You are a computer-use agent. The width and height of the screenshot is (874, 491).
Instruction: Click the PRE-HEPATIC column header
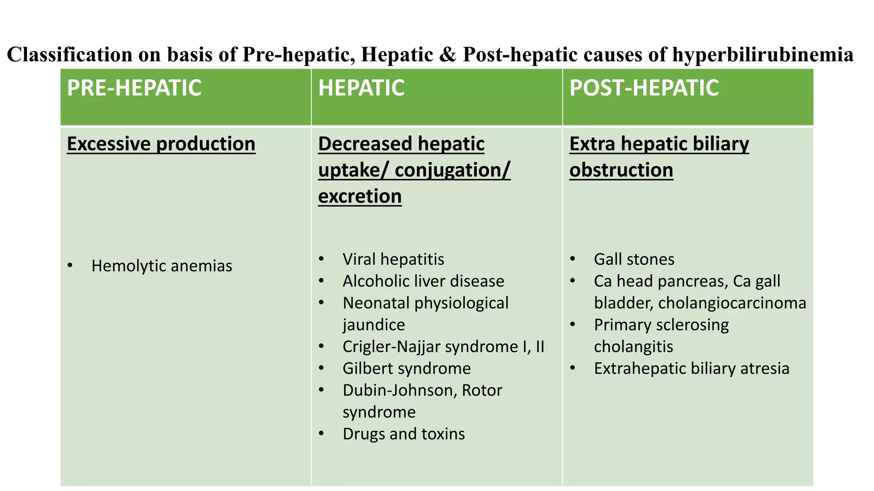pyautogui.click(x=134, y=88)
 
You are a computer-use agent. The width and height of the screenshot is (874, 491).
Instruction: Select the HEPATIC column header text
pyautogui.click(x=361, y=88)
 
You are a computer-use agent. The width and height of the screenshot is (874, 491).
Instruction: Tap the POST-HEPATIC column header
pyautogui.click(x=644, y=88)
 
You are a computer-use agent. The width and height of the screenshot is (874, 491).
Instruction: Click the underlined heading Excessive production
pyautogui.click(x=161, y=144)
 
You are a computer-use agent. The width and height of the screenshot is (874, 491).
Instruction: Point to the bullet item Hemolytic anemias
pyautogui.click(x=161, y=266)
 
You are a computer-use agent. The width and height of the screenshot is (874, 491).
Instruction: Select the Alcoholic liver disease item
pyautogui.click(x=423, y=281)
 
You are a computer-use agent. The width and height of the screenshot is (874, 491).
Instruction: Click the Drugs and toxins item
pyautogui.click(x=403, y=434)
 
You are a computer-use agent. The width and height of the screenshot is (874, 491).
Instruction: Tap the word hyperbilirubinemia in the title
pyautogui.click(x=763, y=55)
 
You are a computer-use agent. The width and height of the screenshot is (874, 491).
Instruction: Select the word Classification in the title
pyautogui.click(x=70, y=55)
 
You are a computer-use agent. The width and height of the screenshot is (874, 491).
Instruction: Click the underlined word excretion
pyautogui.click(x=360, y=196)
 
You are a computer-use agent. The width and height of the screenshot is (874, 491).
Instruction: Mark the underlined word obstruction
pyautogui.click(x=621, y=170)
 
